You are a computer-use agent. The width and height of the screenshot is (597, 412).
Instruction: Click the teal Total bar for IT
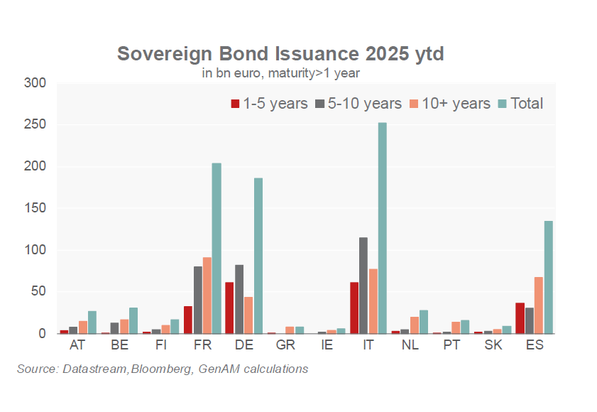coord(382,228)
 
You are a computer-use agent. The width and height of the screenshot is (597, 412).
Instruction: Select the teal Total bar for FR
coord(217,248)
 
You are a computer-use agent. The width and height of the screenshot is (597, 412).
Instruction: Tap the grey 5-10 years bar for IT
coord(363,286)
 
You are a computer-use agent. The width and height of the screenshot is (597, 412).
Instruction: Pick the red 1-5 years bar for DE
coord(229,308)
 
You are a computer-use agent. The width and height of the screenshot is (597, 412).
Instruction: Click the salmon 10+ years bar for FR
coord(207,296)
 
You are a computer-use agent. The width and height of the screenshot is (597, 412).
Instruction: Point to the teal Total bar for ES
coord(549,277)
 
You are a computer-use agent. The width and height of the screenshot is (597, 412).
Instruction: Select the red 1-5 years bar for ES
coord(520,318)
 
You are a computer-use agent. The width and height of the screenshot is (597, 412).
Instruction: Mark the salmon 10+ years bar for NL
coord(415,325)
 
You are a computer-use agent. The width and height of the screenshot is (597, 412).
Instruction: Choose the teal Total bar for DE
coord(258,256)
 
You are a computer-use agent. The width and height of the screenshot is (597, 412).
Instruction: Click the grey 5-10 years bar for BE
coord(114,328)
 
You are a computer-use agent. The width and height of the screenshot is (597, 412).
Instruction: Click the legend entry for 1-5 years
coord(269,104)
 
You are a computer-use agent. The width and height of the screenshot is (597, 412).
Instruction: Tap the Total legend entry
coord(521,104)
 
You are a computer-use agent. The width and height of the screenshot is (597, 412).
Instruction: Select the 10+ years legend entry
coord(450,104)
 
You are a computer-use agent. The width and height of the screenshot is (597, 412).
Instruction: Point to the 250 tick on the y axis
coord(35,124)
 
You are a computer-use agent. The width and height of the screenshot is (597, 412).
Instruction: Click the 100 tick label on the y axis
coord(35,250)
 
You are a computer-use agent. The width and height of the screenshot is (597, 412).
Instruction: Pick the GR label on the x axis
coord(285,345)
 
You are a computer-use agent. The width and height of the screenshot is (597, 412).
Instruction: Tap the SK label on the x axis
coord(493,345)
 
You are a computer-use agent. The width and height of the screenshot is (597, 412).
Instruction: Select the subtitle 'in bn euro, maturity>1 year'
coord(280,72)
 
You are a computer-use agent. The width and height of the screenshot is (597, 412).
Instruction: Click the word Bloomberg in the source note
coord(161,369)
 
